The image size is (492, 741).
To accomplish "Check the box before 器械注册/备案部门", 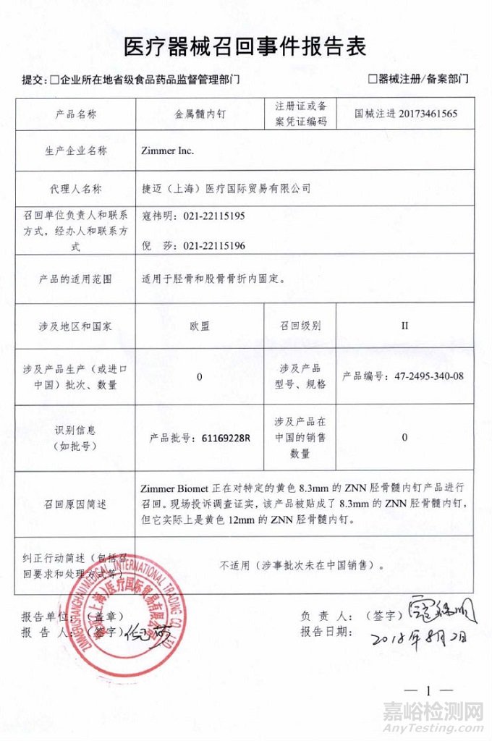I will click(373, 78).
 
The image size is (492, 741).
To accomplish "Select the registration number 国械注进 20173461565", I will click(406, 114).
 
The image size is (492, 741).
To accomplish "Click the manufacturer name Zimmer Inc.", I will click(169, 151).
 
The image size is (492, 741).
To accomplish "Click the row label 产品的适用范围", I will click(77, 278).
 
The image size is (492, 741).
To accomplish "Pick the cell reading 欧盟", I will click(200, 326).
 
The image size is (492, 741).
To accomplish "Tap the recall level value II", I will click(404, 326).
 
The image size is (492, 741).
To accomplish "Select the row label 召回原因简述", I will click(77, 504).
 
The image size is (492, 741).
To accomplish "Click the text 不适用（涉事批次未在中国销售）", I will click(302, 565).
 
